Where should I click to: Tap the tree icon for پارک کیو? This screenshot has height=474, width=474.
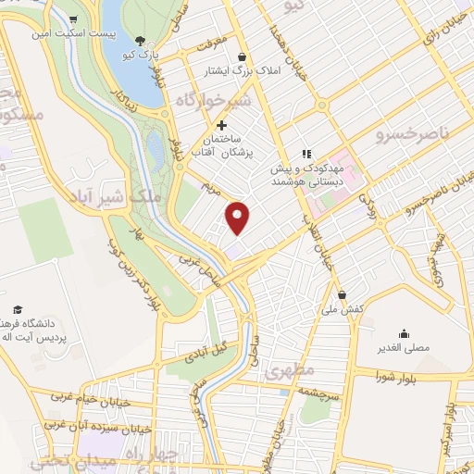[x=139, y=40]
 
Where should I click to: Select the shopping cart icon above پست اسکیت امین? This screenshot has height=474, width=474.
[x=73, y=19]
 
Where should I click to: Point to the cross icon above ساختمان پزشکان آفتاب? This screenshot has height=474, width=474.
[x=220, y=125]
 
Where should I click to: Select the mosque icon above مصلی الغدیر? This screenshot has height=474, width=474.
[x=404, y=334]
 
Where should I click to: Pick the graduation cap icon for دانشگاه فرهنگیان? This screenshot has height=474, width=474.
[x=17, y=309]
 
